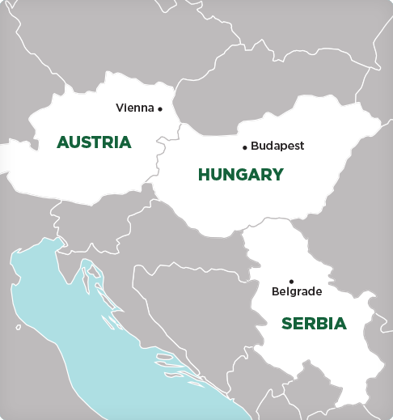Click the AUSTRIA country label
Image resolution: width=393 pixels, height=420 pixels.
coord(94,142)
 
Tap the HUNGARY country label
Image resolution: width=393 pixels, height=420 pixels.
coord(241,174)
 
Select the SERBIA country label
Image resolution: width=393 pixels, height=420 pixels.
coord(314,324)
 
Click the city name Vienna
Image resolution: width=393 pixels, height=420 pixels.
coord(135,108)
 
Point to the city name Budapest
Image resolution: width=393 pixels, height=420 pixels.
coord(277,146)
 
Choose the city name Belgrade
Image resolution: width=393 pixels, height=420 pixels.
coord(297,291)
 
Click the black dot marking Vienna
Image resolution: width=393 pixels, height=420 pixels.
coord(160,108)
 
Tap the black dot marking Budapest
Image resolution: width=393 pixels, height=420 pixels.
coord(245,147)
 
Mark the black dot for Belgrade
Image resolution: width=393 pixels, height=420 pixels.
coord(291,281)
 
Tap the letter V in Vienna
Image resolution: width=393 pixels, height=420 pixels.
coord(120,108)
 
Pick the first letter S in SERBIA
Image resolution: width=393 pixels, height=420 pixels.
coord(286,324)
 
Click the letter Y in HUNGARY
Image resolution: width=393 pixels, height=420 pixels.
coord(278,174)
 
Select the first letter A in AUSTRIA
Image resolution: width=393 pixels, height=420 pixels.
coord(62,142)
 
